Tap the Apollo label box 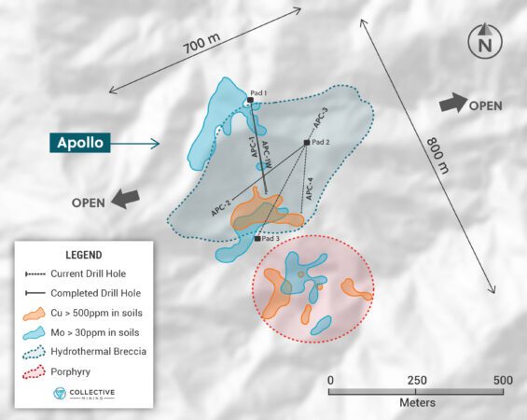(81, 144)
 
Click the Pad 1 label (258, 92)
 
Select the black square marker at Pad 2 (306, 142)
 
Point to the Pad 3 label (271, 240)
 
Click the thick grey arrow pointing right (452, 104)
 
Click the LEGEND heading (83, 255)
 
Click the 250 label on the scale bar (416, 380)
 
